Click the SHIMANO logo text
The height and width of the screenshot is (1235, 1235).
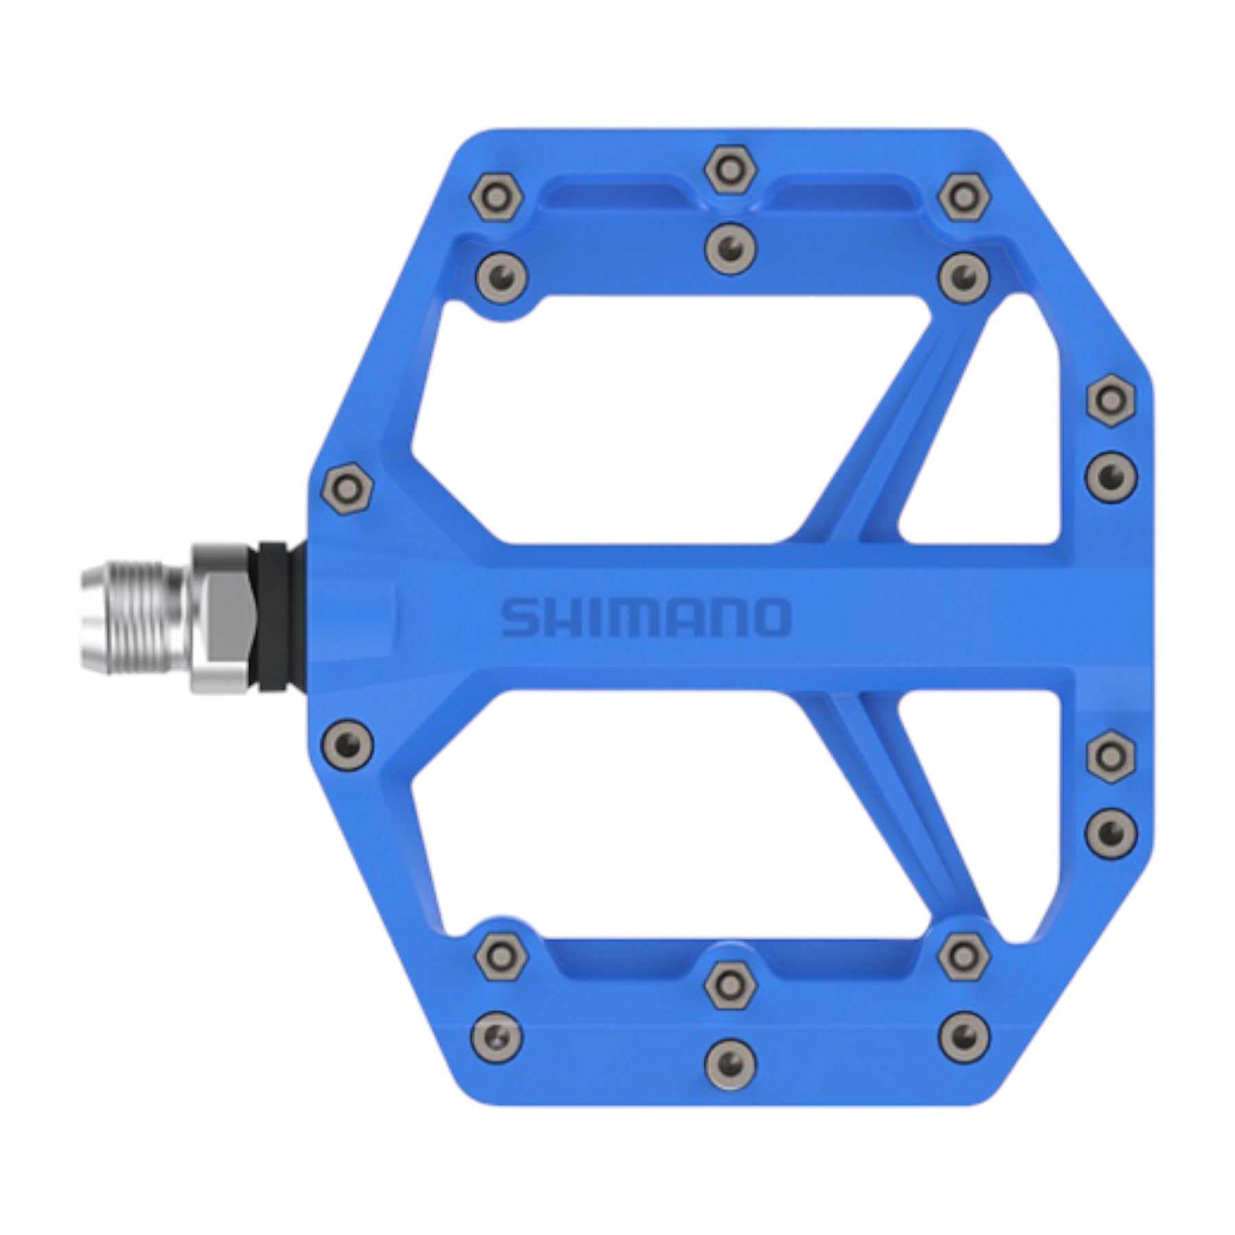pos(645,617)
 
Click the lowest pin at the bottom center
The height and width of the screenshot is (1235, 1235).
pos(731,1062)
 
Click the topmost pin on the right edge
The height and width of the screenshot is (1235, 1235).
pos(1111,399)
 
